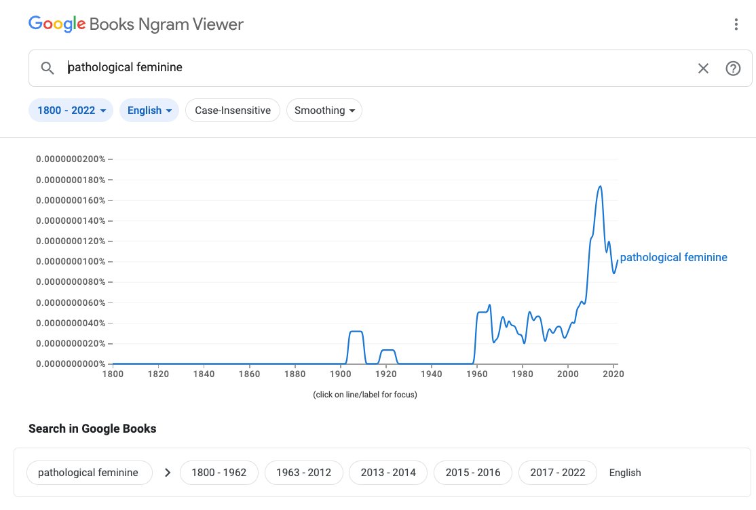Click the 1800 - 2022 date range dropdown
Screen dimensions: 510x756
coord(71,111)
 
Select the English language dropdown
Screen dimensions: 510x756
coord(149,111)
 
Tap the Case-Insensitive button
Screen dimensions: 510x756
coord(232,111)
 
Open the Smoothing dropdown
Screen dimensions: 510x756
coord(324,111)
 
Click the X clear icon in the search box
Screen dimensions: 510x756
coord(703,68)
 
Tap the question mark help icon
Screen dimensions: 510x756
coord(733,68)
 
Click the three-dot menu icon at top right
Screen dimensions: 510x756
coord(736,24)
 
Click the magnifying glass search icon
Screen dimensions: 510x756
coord(48,68)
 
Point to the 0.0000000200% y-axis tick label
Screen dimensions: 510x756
coord(71,159)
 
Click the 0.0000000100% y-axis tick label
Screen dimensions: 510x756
coord(71,262)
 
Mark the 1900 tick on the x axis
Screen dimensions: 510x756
coord(340,374)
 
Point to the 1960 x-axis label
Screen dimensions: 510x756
coord(477,374)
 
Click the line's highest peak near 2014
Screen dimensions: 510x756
coord(600,187)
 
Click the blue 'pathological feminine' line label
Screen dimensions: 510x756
coord(673,258)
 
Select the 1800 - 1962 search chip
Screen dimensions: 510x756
coord(219,473)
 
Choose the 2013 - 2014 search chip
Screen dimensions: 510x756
coord(388,473)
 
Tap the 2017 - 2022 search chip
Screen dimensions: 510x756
coord(557,473)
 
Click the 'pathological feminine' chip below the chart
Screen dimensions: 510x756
coord(88,473)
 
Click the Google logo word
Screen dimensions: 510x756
coord(57,24)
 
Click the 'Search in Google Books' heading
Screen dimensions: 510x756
coord(92,429)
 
